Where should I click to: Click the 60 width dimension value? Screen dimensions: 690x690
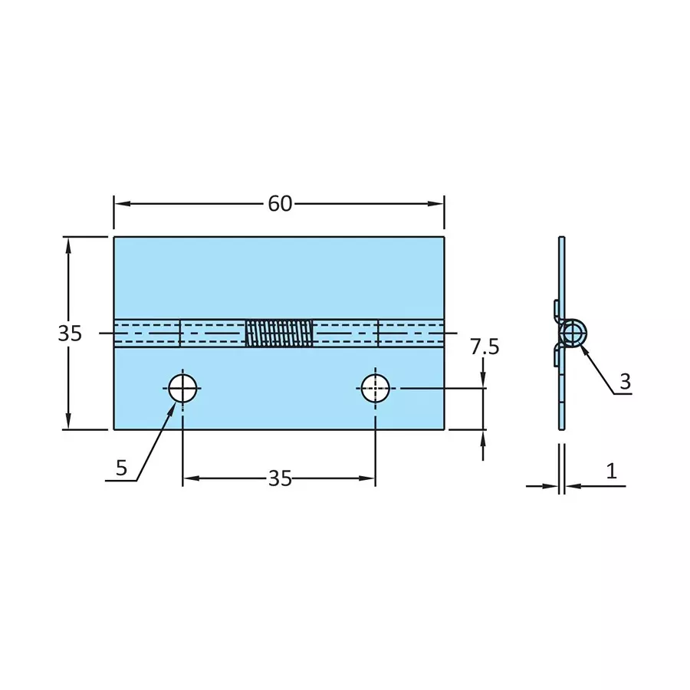click(x=280, y=204)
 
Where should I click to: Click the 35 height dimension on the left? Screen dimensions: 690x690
click(x=70, y=333)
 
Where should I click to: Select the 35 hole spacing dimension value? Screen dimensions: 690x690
click(x=280, y=478)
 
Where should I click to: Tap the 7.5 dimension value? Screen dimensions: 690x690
click(x=485, y=347)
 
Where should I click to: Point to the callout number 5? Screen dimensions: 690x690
click(x=122, y=468)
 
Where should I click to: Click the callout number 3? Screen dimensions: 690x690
click(x=625, y=381)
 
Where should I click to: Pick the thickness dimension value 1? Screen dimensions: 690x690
click(x=611, y=472)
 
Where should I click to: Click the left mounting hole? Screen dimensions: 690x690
click(x=183, y=388)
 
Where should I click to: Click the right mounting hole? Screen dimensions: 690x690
click(x=375, y=388)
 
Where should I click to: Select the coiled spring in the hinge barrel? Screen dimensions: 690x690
click(x=279, y=333)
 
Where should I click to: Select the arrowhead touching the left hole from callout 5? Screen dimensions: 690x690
click(x=172, y=405)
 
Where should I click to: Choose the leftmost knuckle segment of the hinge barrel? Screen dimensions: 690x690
click(x=146, y=333)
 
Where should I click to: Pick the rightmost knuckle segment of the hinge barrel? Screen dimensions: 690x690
click(x=411, y=333)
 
